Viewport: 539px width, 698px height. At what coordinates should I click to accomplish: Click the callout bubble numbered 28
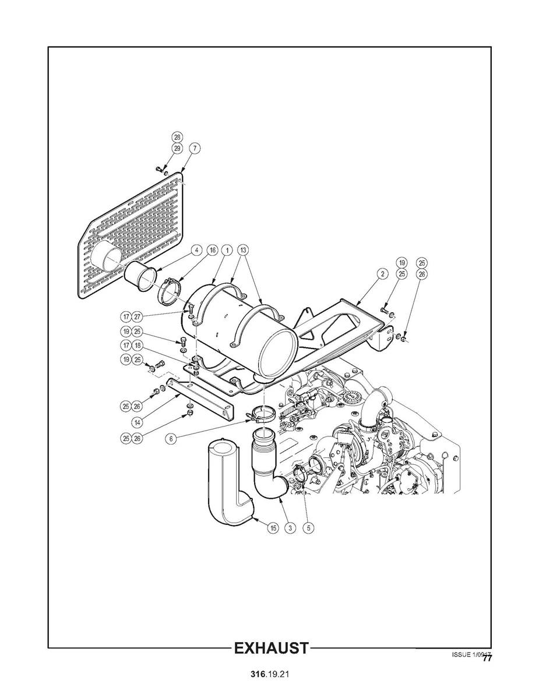177,137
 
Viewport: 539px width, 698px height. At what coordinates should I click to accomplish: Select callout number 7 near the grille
194,148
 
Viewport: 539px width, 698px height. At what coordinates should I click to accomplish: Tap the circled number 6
171,439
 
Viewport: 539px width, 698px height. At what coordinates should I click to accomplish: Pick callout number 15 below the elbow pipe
273,528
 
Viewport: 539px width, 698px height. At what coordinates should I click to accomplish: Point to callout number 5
309,528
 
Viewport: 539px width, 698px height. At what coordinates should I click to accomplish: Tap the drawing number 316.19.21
270,674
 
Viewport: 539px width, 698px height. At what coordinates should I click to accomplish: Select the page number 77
487,658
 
